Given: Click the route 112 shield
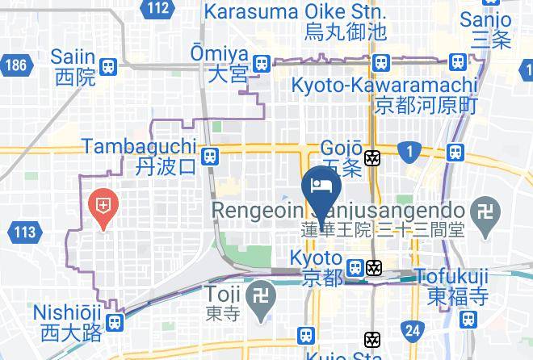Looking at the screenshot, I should click(159, 9).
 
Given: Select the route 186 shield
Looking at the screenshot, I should click(14, 65).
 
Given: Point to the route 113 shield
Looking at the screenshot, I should click(25, 232).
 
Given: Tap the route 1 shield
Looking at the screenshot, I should click(409, 149).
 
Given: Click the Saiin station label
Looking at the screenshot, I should click(74, 67).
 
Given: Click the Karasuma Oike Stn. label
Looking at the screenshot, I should click(295, 22).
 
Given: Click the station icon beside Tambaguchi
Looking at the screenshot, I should click(210, 157).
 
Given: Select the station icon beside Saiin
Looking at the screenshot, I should click(107, 67).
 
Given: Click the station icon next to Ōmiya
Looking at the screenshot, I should click(261, 64).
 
